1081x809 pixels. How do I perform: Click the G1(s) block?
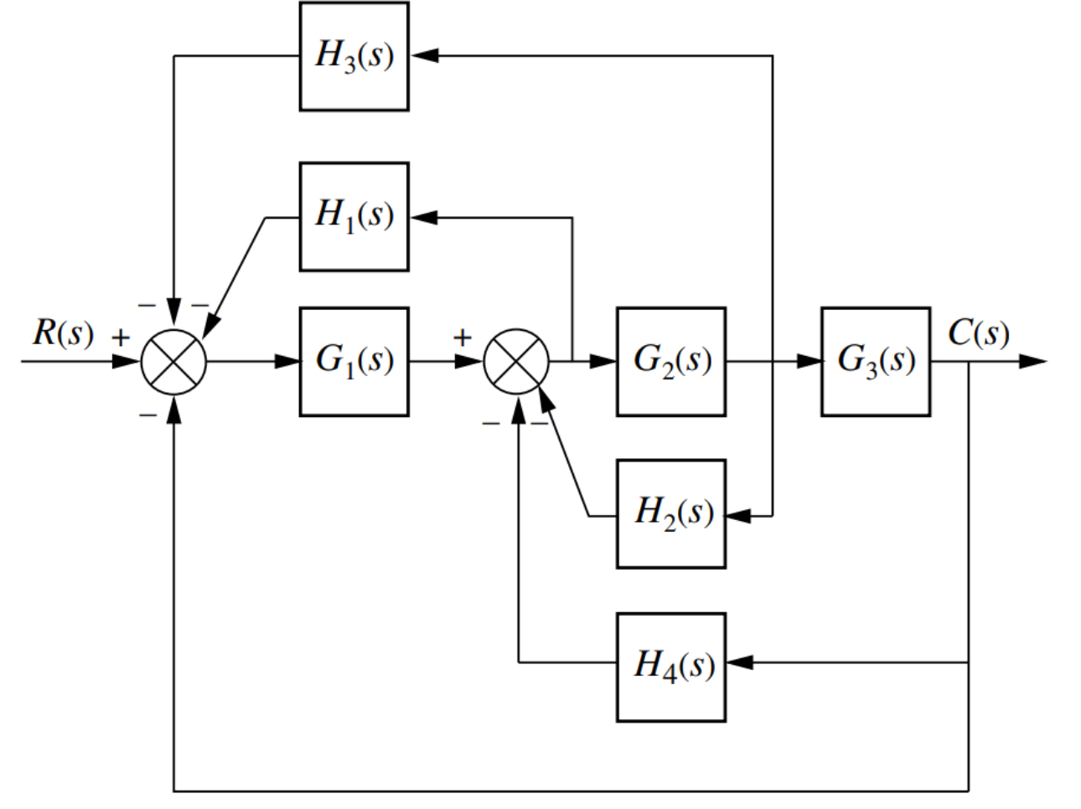click(x=354, y=362)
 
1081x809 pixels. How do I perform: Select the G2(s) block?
click(x=670, y=362)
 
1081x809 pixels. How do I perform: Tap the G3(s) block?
click(x=875, y=362)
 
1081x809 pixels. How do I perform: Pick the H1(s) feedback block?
click(x=354, y=217)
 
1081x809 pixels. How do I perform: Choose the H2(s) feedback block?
click(x=670, y=513)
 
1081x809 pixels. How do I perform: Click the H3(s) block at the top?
click(x=354, y=56)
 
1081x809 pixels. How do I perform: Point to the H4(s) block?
click(x=670, y=667)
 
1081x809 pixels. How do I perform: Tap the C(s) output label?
click(x=978, y=333)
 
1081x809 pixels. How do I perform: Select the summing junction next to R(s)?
click(x=173, y=362)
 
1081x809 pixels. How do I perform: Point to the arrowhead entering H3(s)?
click(x=423, y=56)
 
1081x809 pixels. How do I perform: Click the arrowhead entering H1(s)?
click(x=423, y=217)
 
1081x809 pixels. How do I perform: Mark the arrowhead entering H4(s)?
click(x=740, y=662)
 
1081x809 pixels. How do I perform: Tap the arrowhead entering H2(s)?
click(x=740, y=517)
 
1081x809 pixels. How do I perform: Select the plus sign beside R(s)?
click(x=122, y=338)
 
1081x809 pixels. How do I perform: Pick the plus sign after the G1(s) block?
click(x=462, y=338)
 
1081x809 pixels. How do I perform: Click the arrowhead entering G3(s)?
click(x=808, y=362)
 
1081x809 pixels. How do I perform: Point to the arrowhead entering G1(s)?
click(x=287, y=362)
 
